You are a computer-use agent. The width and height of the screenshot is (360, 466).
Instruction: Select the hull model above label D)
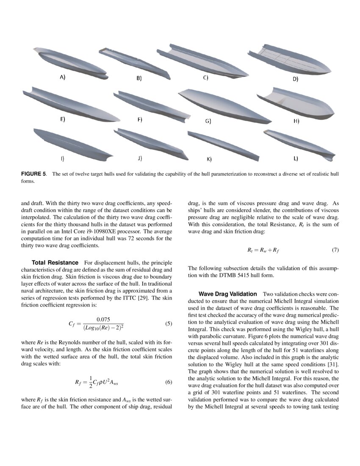click(293, 59)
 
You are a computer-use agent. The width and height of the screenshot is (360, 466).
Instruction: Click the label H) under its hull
click(296, 121)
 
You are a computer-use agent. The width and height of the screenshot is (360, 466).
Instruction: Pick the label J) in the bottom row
click(140, 158)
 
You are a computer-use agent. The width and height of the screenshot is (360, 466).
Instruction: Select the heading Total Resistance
click(55, 263)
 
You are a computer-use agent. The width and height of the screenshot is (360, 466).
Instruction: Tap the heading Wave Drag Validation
click(227, 294)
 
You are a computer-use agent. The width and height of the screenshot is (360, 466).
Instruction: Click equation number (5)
click(169, 324)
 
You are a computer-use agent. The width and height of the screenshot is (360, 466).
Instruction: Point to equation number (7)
click(335, 250)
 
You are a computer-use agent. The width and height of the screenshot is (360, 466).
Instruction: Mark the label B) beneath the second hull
click(138, 79)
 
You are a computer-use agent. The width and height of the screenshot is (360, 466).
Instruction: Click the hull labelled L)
click(299, 144)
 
